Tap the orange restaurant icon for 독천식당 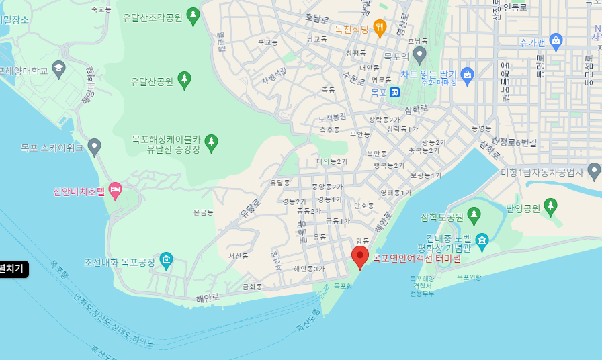(380, 28)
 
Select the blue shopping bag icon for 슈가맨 (556, 41)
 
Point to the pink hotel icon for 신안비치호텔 (115, 191)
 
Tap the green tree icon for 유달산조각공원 (193, 16)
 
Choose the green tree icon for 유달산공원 (184, 80)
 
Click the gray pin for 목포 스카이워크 (95, 146)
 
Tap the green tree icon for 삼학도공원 (474, 216)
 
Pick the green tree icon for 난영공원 (551, 207)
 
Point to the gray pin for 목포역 (420, 54)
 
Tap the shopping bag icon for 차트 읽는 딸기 (468, 73)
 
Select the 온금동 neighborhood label (203, 212)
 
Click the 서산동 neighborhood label (238, 256)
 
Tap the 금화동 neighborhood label (253, 287)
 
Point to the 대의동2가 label (332, 161)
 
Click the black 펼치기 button (13, 269)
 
